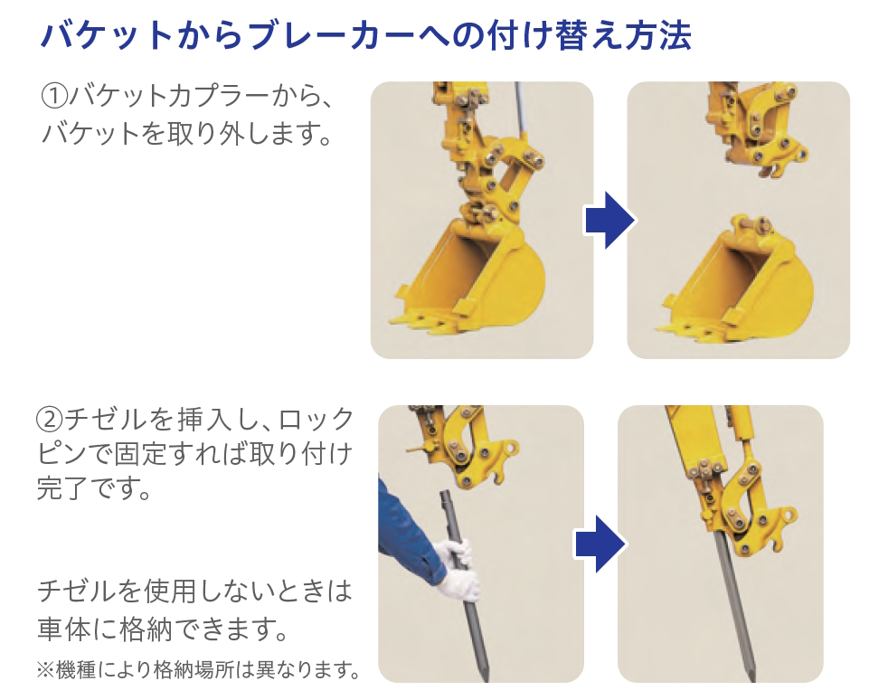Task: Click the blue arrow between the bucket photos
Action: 609,221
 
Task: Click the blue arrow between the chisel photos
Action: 600,544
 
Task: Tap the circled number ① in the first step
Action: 55,96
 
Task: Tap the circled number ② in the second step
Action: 50,420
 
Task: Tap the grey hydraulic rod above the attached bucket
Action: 522,116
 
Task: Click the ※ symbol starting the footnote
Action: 44,670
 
